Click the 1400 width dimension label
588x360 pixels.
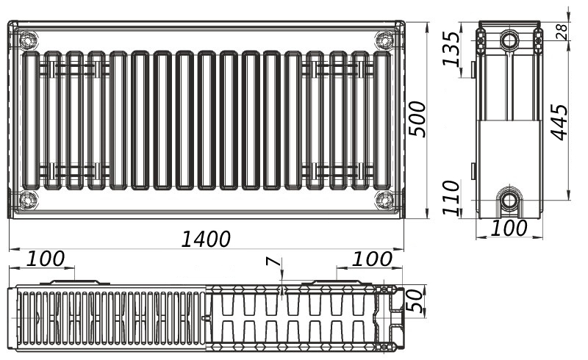pos(206,240)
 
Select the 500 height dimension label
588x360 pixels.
pos(417,119)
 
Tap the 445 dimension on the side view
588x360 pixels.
pos(560,122)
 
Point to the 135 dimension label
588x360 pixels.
pos(451,48)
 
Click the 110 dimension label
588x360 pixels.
pos(451,198)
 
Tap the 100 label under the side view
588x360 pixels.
pos(509,228)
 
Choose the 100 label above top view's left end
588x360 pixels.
pos(46,259)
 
